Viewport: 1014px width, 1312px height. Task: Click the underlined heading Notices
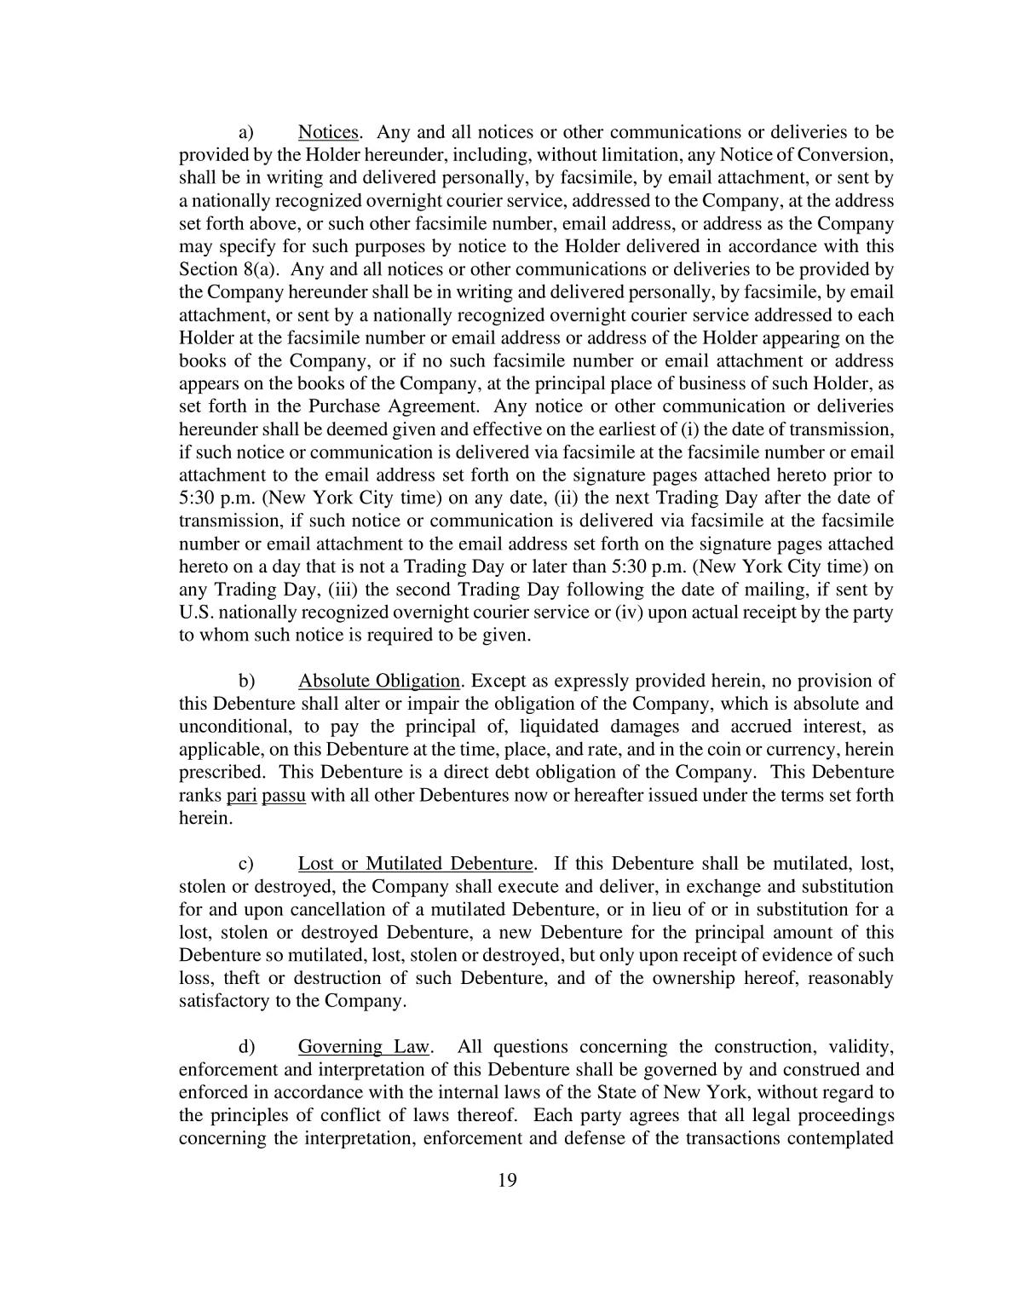click(328, 132)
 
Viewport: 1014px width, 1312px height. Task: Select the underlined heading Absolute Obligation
click(379, 681)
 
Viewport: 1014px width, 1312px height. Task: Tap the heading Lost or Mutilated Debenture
click(415, 864)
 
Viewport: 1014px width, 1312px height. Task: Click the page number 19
click(507, 1180)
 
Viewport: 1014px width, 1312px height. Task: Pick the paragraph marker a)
click(246, 132)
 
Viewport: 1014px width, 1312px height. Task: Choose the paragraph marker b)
click(246, 681)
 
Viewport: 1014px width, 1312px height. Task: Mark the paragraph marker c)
click(246, 864)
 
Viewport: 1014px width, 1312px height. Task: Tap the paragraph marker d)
click(246, 1047)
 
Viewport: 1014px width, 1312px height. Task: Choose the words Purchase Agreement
click(394, 406)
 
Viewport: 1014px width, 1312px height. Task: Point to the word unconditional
click(229, 727)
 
